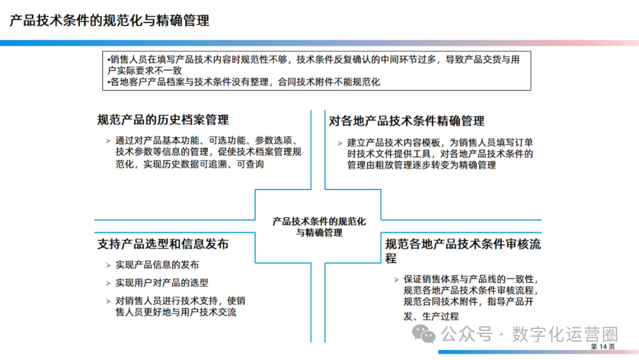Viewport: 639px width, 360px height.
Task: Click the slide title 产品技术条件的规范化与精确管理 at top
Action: click(110, 21)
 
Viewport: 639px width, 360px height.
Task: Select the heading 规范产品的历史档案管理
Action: click(163, 120)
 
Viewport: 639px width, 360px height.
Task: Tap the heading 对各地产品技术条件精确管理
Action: click(406, 121)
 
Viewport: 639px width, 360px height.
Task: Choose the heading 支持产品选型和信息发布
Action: click(163, 244)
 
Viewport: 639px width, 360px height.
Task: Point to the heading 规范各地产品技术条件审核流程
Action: click(463, 244)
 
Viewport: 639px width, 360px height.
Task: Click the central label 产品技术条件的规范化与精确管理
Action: click(319, 227)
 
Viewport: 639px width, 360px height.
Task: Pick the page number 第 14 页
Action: click(603, 346)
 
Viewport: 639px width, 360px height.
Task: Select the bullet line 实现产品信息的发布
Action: click(157, 265)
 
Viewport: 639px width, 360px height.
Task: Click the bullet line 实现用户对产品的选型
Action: click(162, 283)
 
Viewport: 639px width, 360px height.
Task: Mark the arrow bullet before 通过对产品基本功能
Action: click(108, 142)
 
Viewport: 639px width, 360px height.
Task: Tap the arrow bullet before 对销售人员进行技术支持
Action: click(108, 301)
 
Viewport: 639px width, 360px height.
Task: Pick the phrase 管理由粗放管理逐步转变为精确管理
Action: click(421, 165)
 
